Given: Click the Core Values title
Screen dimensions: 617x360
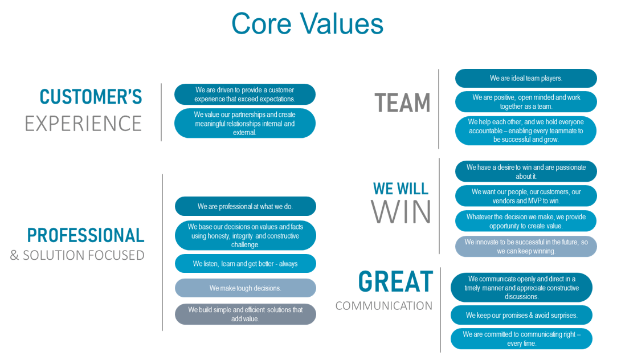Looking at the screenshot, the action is (x=307, y=23).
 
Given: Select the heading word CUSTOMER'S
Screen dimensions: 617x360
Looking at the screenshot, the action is (x=91, y=97).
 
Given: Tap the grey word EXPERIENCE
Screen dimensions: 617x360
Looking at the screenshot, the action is (x=83, y=124).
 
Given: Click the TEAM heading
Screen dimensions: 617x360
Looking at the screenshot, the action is (x=402, y=103).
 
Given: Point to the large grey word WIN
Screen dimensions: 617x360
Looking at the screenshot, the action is (x=401, y=212).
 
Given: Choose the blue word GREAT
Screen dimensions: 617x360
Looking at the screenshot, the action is (x=395, y=282).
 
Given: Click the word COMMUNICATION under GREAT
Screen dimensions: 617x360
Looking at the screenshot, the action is (x=383, y=306).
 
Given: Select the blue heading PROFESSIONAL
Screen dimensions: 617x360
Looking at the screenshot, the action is (x=86, y=236).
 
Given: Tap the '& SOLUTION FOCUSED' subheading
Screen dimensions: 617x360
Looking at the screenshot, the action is (x=77, y=255).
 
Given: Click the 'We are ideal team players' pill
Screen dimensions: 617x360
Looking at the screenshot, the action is (x=526, y=78).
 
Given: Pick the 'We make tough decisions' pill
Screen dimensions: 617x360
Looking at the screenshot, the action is (x=246, y=288).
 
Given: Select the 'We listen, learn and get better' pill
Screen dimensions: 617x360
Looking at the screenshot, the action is (x=246, y=264).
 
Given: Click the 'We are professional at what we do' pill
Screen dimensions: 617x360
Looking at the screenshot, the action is (x=246, y=206).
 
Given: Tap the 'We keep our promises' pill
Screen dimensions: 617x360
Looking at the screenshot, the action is (x=521, y=315).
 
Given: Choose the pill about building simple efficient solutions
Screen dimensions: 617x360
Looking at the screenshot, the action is (x=246, y=314).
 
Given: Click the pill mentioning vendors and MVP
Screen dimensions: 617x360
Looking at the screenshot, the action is (x=526, y=196).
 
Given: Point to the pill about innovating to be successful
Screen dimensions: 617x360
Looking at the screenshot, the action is (x=526, y=246).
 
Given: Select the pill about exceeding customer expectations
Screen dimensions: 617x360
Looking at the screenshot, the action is (x=245, y=95).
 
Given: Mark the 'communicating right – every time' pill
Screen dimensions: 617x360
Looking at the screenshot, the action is (x=521, y=339).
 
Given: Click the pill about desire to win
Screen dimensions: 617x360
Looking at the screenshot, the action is (x=526, y=171).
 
